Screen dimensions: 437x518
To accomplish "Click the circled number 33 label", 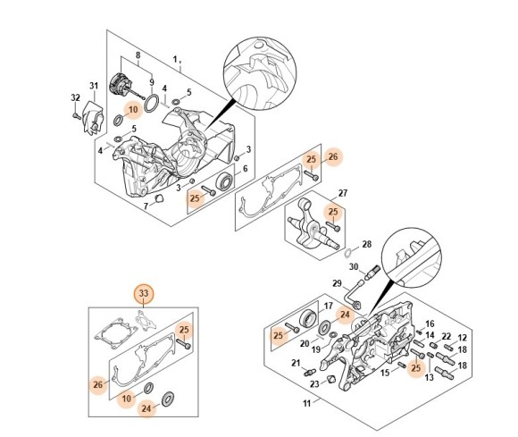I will (x=144, y=293).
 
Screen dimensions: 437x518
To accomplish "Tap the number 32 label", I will (x=75, y=97).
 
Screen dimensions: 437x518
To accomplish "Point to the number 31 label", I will (x=93, y=86).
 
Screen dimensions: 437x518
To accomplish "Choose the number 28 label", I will (x=366, y=244).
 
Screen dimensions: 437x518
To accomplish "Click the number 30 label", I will (x=353, y=266).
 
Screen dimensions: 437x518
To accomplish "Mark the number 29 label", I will (x=337, y=284).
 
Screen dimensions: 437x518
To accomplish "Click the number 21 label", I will (x=296, y=363).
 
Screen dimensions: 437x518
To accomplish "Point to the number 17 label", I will (x=327, y=306).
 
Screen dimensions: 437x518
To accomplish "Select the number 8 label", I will (x=138, y=55).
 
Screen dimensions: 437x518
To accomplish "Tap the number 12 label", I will (x=463, y=337).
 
